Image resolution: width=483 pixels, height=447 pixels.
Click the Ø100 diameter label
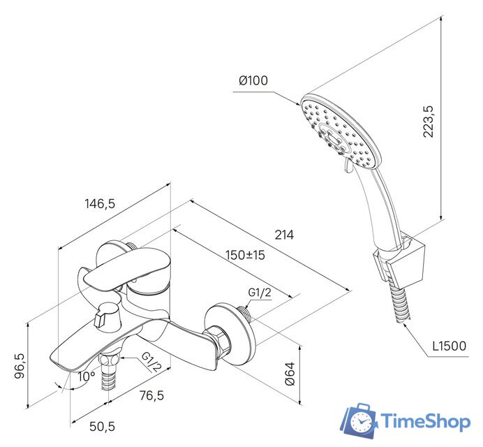tap(253, 80)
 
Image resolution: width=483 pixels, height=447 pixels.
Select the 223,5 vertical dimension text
tap(428, 122)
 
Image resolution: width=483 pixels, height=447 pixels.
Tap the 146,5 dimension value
tap(100, 203)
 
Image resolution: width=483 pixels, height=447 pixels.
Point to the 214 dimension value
tap(284, 235)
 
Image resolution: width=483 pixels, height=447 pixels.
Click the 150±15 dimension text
tap(245, 255)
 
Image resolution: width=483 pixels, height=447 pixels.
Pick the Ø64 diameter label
tap(290, 374)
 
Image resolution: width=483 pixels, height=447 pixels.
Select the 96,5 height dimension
tap(20, 366)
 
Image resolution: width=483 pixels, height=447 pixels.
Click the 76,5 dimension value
tap(152, 395)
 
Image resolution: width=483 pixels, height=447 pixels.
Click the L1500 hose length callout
tap(449, 346)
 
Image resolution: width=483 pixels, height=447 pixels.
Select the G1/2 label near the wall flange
tap(260, 292)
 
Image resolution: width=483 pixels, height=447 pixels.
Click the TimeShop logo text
tap(426, 421)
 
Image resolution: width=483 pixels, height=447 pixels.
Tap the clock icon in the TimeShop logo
tap(361, 422)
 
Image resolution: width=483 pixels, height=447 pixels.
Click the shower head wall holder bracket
tap(399, 261)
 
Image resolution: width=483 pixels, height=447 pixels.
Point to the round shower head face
tap(341, 131)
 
